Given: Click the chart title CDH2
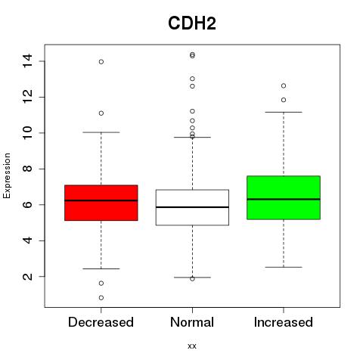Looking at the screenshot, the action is (192, 23).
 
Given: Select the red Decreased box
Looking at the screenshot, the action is (101, 203).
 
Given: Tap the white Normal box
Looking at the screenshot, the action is (192, 207).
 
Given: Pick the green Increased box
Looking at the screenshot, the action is (284, 197).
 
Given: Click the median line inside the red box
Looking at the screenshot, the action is (101, 200).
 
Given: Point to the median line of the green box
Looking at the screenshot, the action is (284, 199).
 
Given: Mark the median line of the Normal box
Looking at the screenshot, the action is (192, 207).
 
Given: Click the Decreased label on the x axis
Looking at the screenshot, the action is (101, 322).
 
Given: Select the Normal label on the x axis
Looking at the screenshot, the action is (192, 322).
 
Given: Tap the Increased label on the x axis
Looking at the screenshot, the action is (284, 322).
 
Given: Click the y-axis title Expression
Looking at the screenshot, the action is (7, 175).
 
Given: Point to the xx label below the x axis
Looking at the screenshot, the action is (192, 346).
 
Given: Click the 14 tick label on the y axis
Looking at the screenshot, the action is (27, 60).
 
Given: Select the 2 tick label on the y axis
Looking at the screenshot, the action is (27, 276).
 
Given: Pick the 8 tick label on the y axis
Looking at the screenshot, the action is (27, 169).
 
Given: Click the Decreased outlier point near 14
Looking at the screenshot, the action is (101, 62).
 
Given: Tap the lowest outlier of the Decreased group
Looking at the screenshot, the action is (101, 298).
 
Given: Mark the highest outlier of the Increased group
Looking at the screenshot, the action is (284, 86).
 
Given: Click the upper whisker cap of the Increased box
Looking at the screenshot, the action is (284, 112).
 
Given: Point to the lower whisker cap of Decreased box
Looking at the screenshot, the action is (101, 268).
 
